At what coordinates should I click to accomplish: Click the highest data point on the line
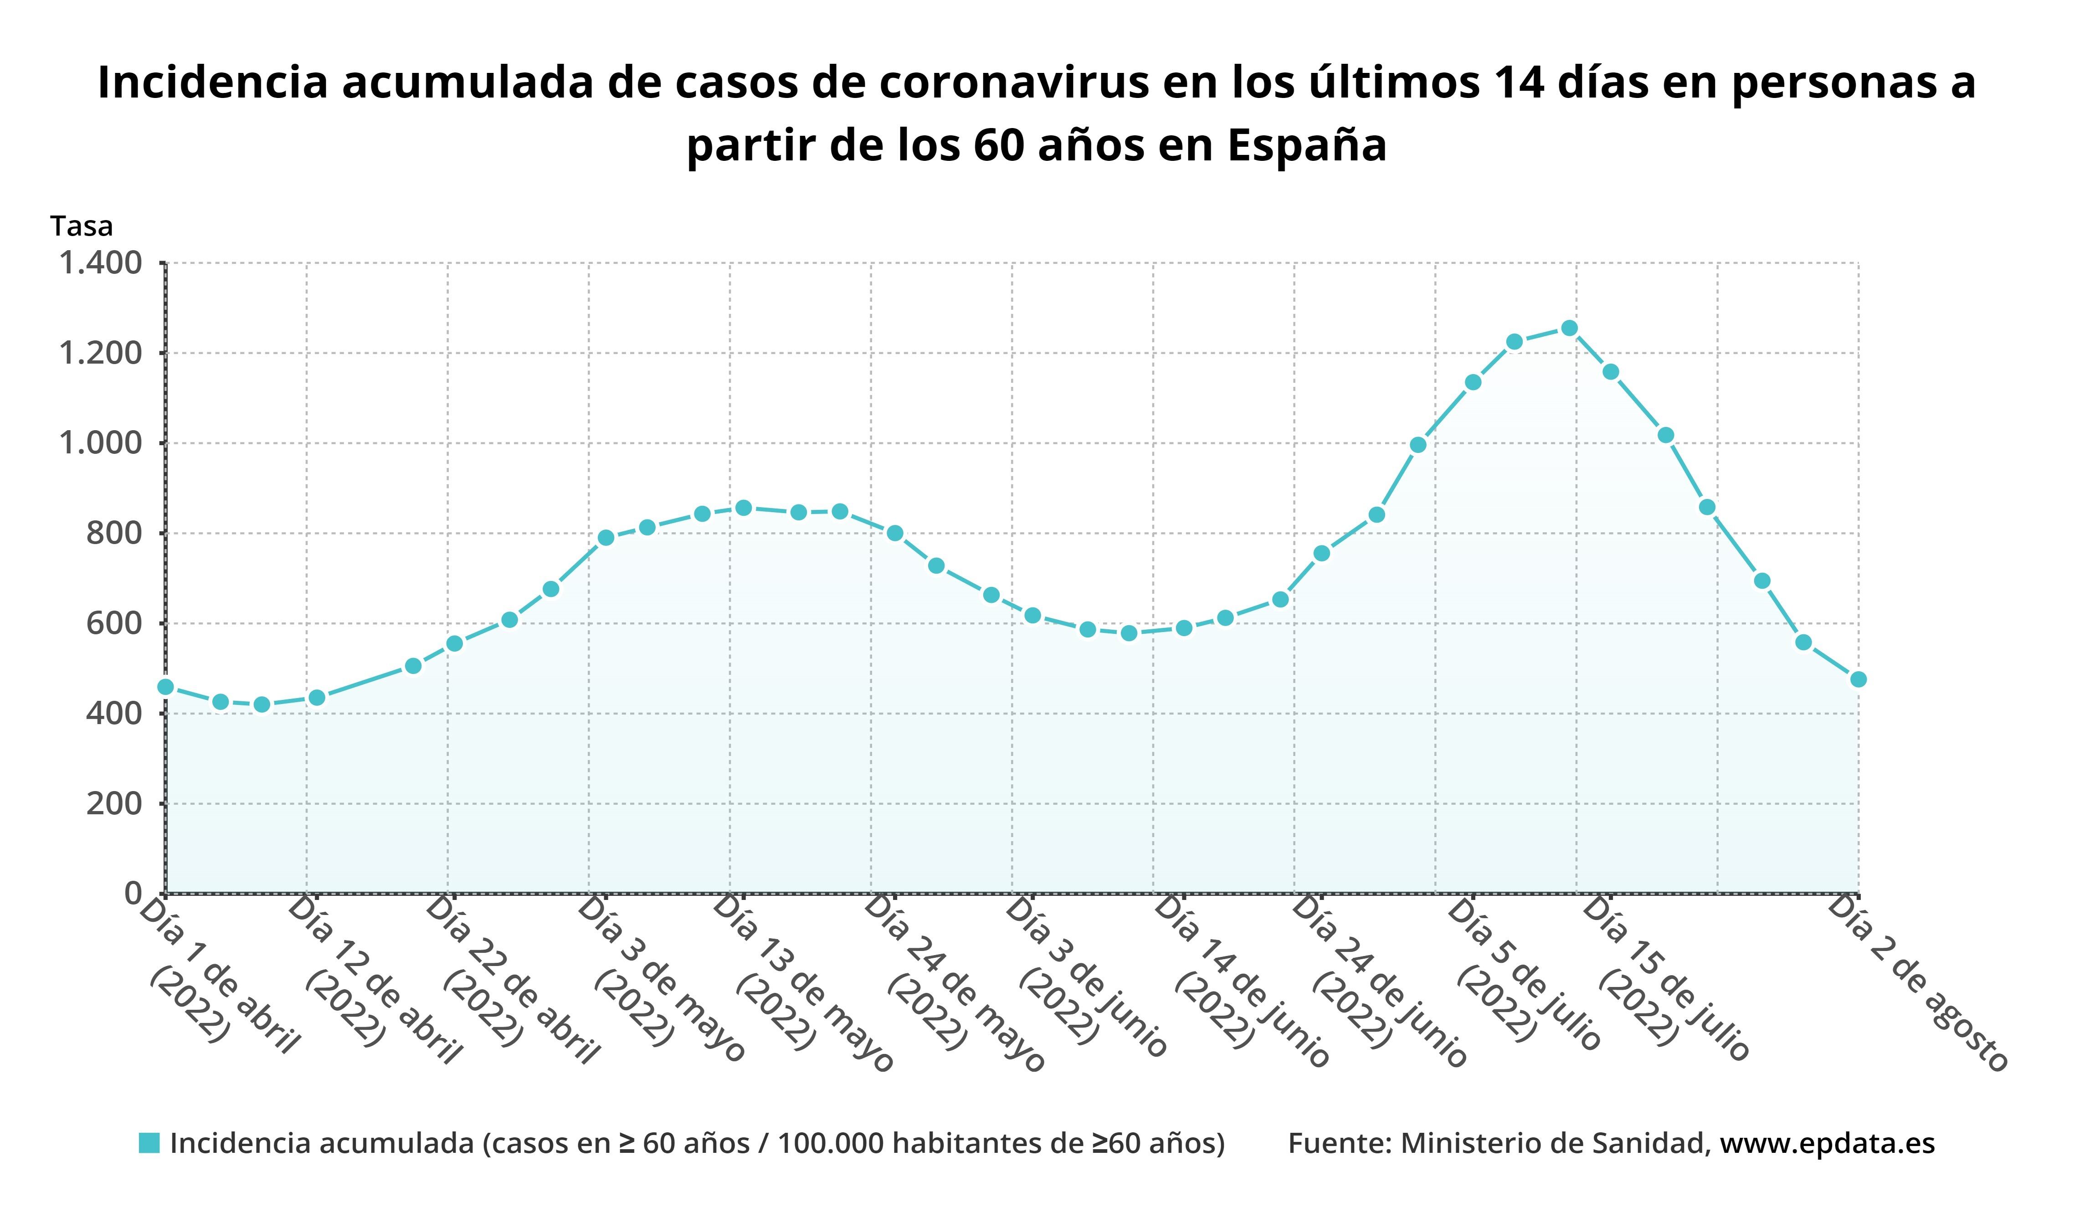click(1569, 329)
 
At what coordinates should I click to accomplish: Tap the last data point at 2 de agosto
click(1858, 679)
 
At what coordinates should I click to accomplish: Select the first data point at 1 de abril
click(165, 686)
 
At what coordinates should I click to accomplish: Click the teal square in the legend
click(149, 1143)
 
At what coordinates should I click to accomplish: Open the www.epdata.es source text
click(1827, 1143)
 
